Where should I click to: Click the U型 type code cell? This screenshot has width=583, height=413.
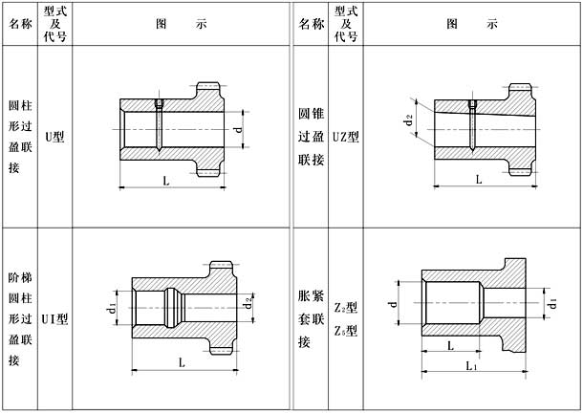click(x=54, y=137)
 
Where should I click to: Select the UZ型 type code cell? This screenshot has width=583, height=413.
click(x=346, y=137)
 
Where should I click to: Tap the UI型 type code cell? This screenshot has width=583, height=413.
click(x=54, y=319)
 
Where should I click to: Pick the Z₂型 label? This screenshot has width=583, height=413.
click(x=346, y=307)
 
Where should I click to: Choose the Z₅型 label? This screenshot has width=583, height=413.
click(x=346, y=330)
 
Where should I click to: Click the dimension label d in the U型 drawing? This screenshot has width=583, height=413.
click(x=238, y=129)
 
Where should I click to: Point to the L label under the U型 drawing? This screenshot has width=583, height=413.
click(x=166, y=182)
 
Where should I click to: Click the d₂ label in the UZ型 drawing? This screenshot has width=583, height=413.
click(x=409, y=120)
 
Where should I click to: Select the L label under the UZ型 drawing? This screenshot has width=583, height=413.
click(x=479, y=180)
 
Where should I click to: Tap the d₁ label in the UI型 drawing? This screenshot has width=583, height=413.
click(x=112, y=309)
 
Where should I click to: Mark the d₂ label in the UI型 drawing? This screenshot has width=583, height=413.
click(x=248, y=303)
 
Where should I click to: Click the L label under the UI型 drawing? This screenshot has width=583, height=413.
click(x=182, y=362)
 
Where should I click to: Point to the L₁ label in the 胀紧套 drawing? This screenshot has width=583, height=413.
click(x=471, y=366)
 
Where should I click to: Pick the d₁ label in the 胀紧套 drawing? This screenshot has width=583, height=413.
click(x=552, y=303)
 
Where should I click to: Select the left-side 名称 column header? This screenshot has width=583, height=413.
click(x=20, y=24)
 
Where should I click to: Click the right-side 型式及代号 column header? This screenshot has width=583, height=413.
click(x=346, y=24)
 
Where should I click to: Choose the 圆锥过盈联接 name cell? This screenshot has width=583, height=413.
click(x=312, y=137)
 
